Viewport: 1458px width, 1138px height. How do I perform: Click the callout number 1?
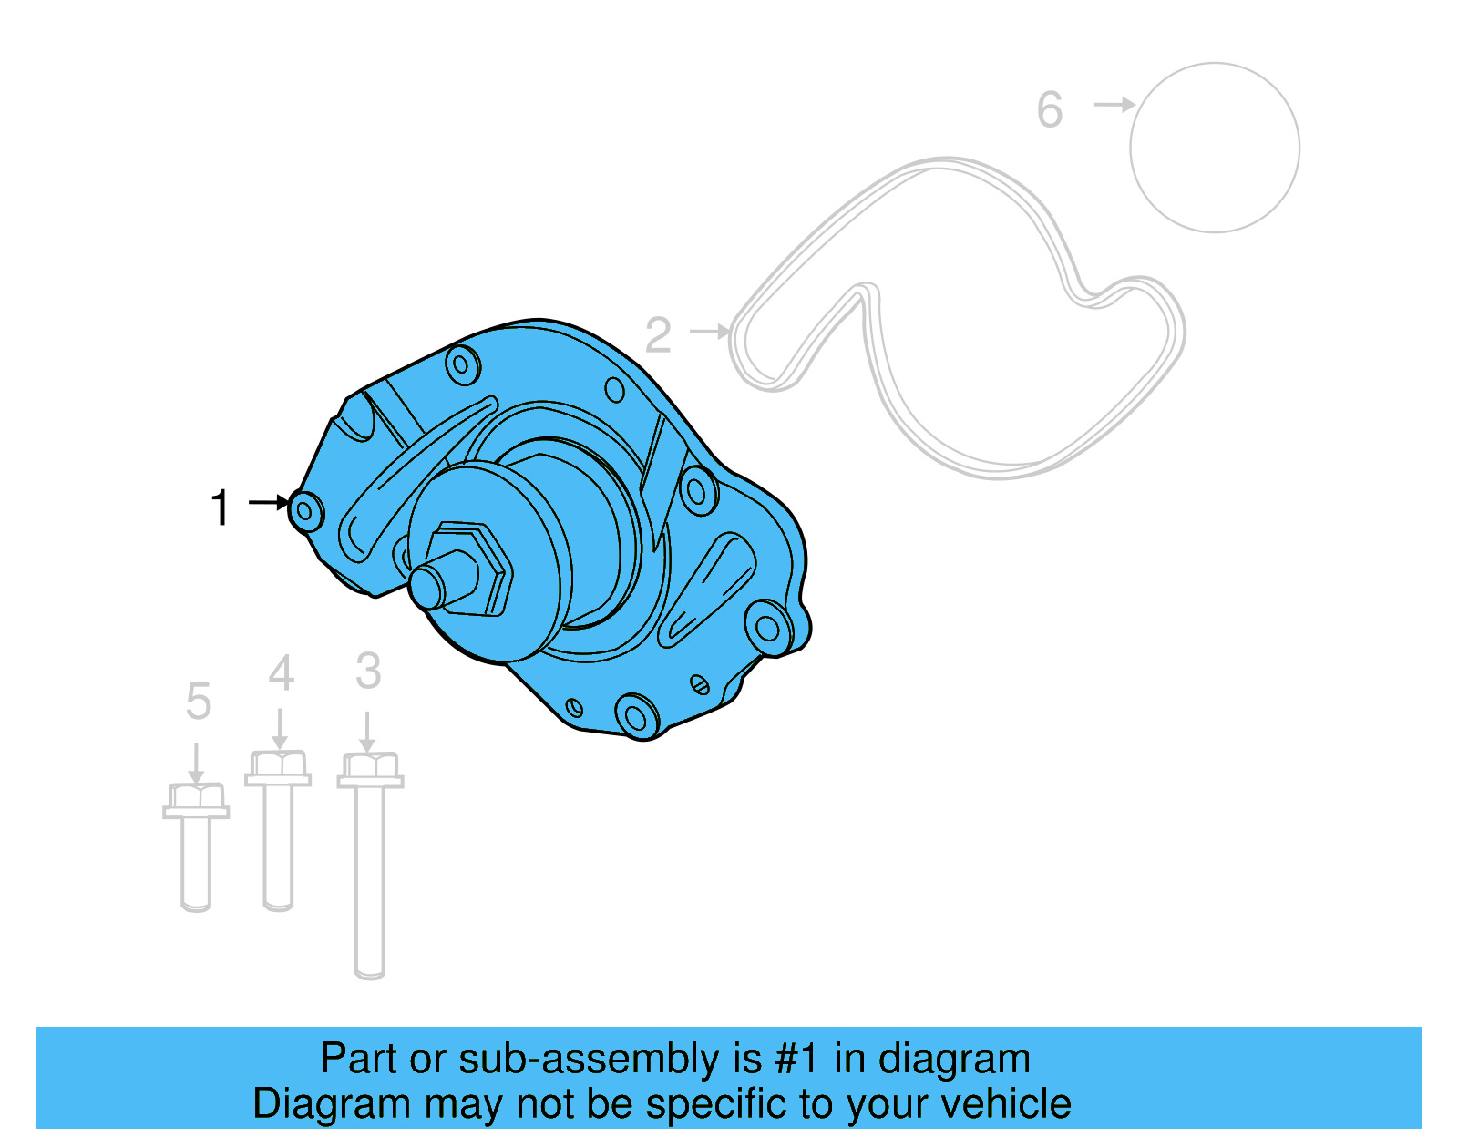(221, 507)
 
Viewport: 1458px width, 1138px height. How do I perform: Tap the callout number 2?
(658, 335)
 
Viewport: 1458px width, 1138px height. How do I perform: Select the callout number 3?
(368, 672)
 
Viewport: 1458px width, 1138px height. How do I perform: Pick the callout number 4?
(281, 674)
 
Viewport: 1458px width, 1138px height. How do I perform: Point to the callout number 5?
(198, 702)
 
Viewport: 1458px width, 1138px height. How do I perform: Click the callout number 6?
(1050, 110)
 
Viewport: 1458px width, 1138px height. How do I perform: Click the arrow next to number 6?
(1114, 105)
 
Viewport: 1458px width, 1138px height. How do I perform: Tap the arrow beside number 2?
(710, 331)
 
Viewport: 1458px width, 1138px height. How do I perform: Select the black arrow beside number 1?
(269, 502)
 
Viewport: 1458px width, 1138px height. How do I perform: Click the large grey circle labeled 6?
(1215, 148)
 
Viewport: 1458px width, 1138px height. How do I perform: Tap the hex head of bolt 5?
(196, 797)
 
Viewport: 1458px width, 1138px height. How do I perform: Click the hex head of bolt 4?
(278, 765)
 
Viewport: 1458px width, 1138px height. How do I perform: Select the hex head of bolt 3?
(370, 767)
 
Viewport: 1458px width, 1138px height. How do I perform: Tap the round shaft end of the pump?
(426, 587)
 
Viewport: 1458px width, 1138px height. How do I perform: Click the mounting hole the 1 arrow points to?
(306, 511)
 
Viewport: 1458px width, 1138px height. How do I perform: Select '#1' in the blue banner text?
(797, 1060)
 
